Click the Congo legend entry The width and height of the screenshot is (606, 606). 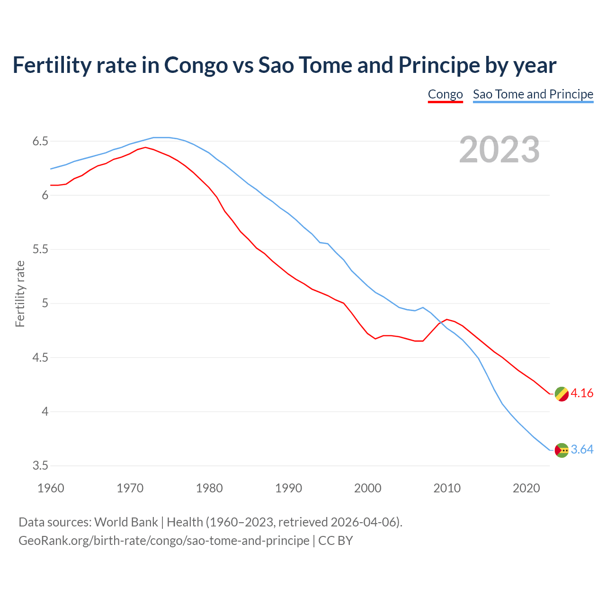click(445, 94)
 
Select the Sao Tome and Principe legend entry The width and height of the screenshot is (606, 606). click(533, 94)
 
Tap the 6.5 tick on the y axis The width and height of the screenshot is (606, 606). click(40, 142)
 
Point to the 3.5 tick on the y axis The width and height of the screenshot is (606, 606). click(40, 466)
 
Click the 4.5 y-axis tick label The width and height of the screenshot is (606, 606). click(40, 357)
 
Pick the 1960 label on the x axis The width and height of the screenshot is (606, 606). click(51, 488)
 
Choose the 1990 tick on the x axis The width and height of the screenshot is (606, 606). click(288, 488)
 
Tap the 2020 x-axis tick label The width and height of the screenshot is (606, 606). click(526, 488)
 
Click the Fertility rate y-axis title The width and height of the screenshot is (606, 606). click(20, 294)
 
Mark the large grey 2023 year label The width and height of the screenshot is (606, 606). click(499, 150)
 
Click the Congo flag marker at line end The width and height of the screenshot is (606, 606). click(561, 394)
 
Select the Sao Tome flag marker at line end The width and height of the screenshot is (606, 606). click(561, 450)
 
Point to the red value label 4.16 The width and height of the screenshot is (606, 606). click(582, 393)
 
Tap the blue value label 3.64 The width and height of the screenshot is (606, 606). click(582, 450)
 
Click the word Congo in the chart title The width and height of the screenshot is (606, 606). click(196, 65)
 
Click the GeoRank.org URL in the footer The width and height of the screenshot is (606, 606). click(164, 541)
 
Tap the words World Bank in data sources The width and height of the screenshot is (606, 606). click(126, 522)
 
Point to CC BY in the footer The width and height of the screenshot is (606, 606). click(336, 541)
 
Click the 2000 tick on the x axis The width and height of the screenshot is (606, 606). click(367, 488)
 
